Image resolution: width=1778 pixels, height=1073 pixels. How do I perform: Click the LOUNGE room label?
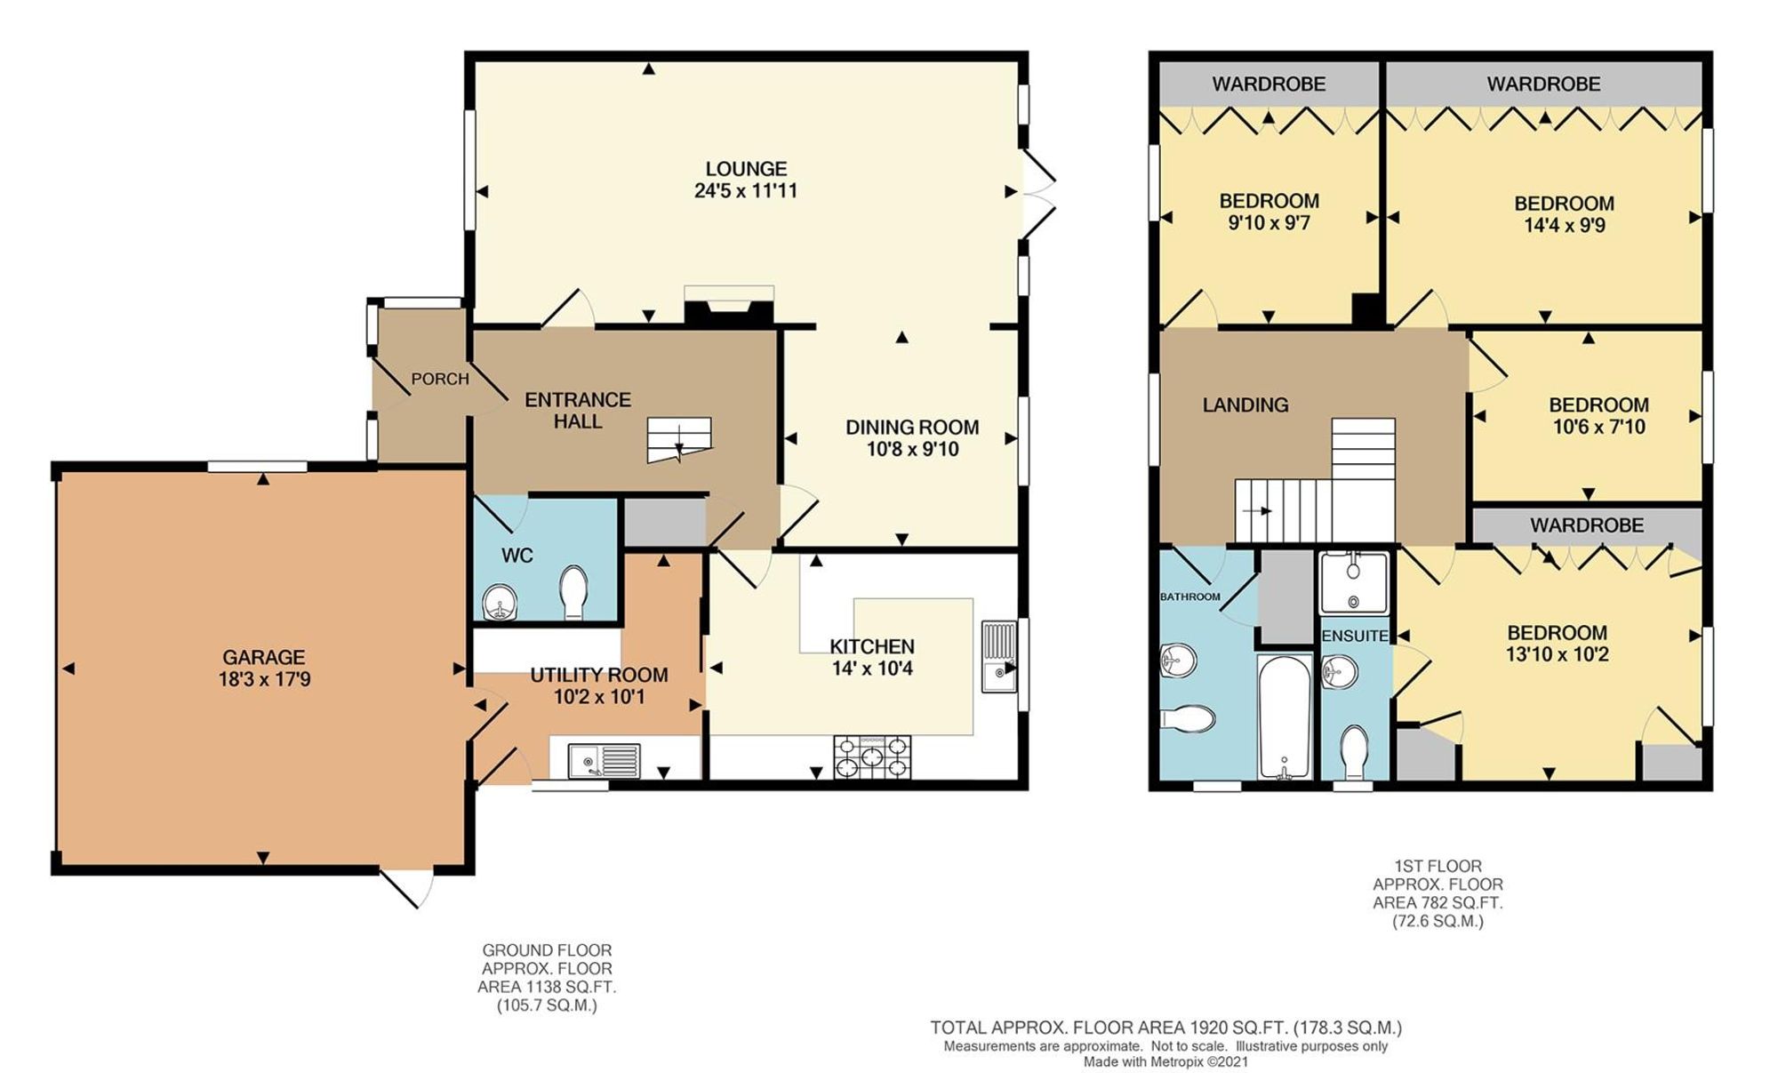coord(746,169)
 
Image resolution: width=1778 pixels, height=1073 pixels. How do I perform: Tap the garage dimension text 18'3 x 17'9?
coord(264,680)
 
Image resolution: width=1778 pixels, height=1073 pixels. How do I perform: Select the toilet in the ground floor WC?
coord(573,592)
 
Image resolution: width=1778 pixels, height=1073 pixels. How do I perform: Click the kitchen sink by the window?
coord(998,656)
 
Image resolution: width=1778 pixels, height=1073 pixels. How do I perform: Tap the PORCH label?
coord(439,380)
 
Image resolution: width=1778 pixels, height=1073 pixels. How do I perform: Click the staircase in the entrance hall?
coord(679,439)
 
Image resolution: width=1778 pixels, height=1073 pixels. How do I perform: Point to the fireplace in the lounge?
coord(728,308)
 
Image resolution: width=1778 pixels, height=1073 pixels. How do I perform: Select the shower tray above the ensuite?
coord(1353,581)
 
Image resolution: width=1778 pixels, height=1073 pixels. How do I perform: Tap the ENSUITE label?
coord(1355,637)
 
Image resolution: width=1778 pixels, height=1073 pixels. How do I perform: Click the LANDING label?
coord(1245,405)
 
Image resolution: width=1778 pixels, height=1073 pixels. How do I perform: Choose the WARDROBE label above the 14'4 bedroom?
coord(1543,84)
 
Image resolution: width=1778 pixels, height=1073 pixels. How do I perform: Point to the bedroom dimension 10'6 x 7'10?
coord(1598,428)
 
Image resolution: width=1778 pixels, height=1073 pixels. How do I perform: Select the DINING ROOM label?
coord(911,428)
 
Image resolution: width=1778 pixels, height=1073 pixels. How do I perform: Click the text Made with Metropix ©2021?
coord(1165,1061)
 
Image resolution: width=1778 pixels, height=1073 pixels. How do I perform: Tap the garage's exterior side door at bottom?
coord(407,887)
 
